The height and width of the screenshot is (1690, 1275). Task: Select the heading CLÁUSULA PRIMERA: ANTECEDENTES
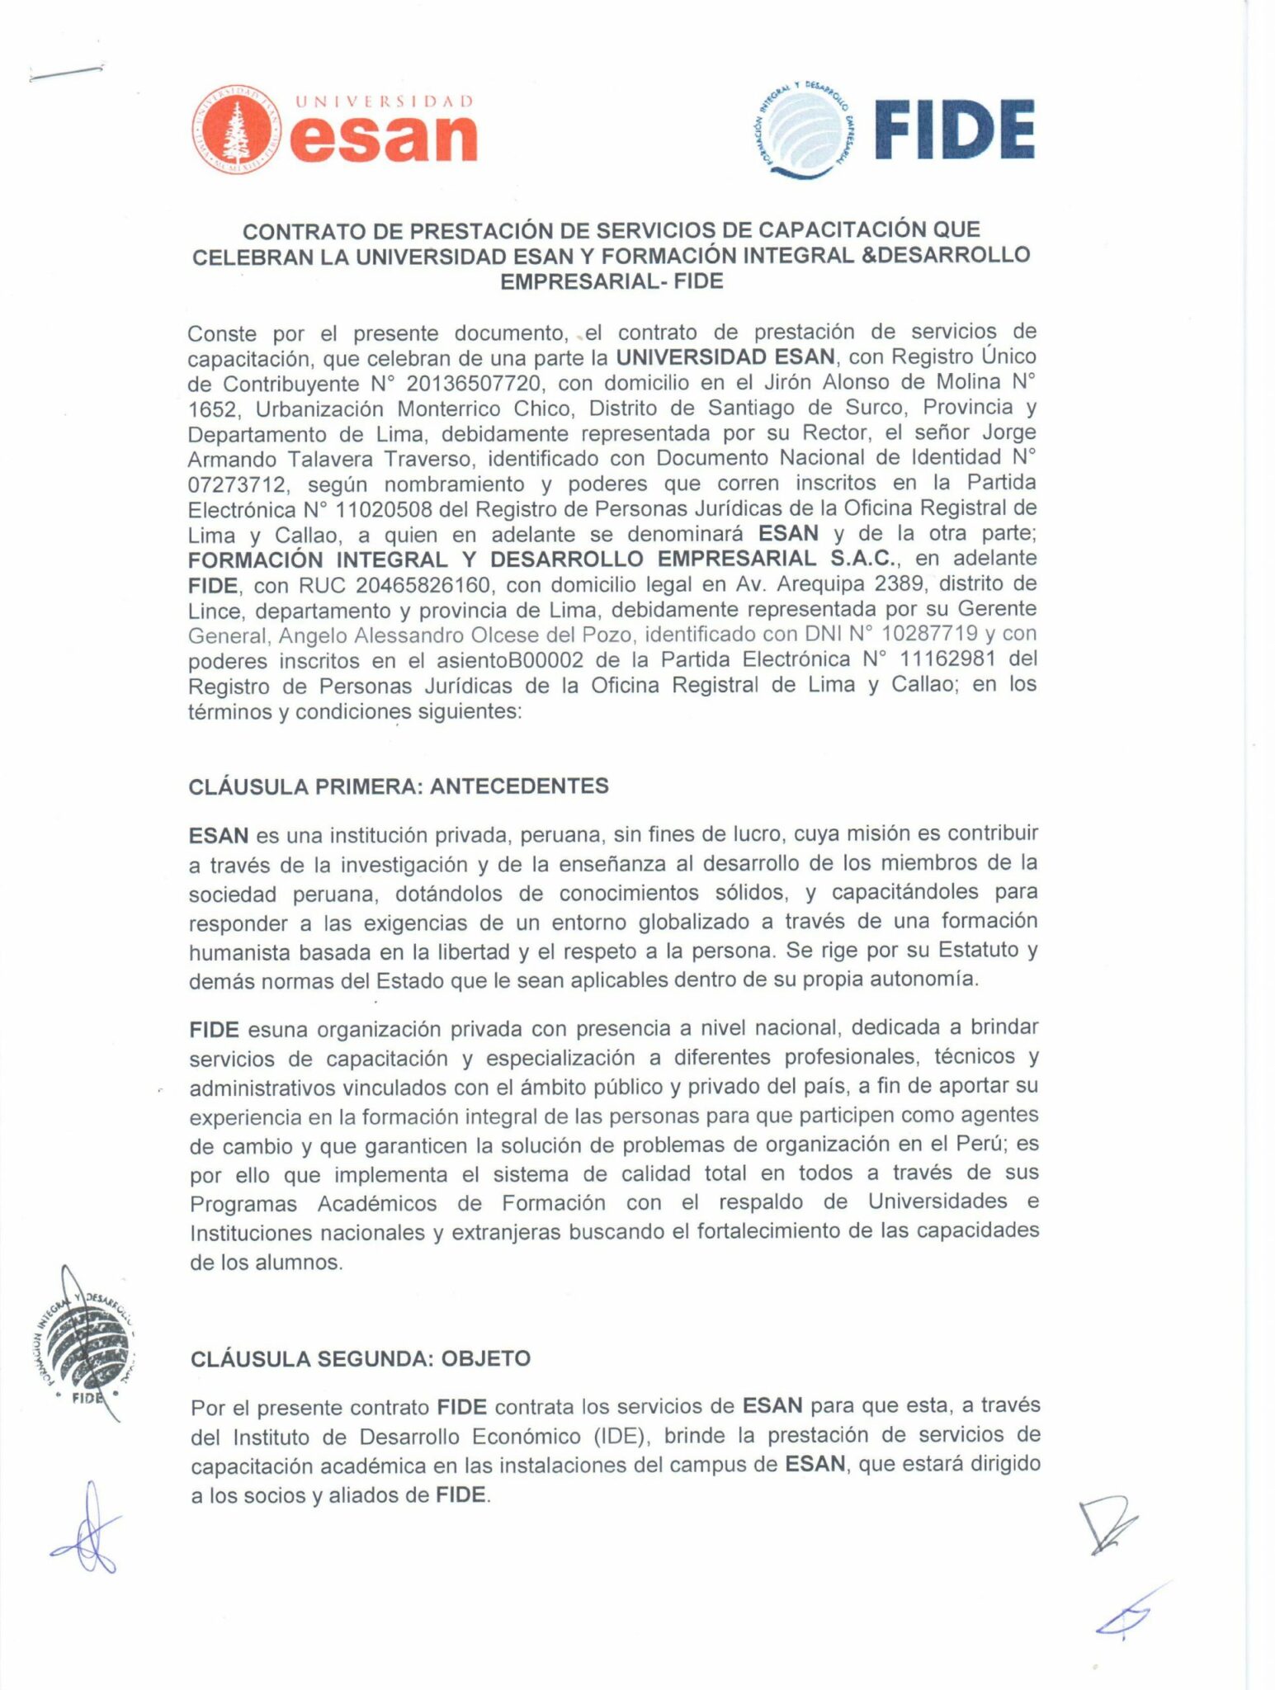(399, 786)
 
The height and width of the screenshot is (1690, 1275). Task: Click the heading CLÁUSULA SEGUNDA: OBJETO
(360, 1358)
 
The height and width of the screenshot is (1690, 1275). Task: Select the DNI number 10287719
(926, 635)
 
